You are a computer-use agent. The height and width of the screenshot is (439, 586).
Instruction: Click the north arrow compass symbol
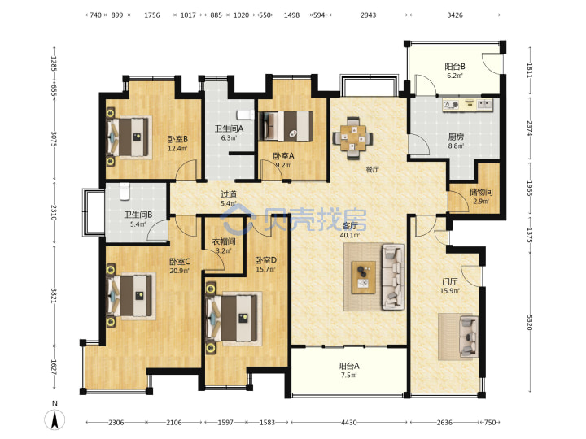click(55, 419)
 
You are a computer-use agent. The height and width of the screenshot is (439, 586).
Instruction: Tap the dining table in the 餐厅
click(352, 138)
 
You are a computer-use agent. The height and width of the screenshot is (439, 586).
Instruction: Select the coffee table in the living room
click(364, 277)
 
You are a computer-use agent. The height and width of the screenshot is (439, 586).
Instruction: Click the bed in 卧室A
click(286, 126)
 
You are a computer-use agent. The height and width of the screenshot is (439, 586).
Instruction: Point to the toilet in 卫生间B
click(124, 192)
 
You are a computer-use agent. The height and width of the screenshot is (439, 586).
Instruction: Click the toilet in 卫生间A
click(245, 115)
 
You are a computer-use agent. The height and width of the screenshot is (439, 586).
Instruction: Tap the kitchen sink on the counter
click(486, 104)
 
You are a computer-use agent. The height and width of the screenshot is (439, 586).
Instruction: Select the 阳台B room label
click(455, 67)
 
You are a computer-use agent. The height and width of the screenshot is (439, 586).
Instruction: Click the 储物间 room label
click(481, 192)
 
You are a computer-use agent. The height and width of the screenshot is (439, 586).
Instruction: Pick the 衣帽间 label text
click(224, 241)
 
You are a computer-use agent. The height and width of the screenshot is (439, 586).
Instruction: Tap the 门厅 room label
click(449, 281)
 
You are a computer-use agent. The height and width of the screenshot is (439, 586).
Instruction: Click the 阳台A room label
click(348, 366)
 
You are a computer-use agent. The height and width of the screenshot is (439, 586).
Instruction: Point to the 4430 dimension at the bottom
click(348, 422)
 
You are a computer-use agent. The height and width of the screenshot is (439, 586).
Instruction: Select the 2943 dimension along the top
click(368, 15)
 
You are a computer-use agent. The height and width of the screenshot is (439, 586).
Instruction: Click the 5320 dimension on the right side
click(530, 323)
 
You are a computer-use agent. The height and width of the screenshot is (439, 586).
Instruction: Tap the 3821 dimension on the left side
click(55, 296)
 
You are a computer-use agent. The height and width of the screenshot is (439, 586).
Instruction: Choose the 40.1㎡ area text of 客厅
click(350, 235)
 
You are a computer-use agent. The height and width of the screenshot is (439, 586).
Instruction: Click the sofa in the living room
click(393, 277)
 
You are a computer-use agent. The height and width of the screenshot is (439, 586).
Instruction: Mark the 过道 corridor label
click(229, 194)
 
